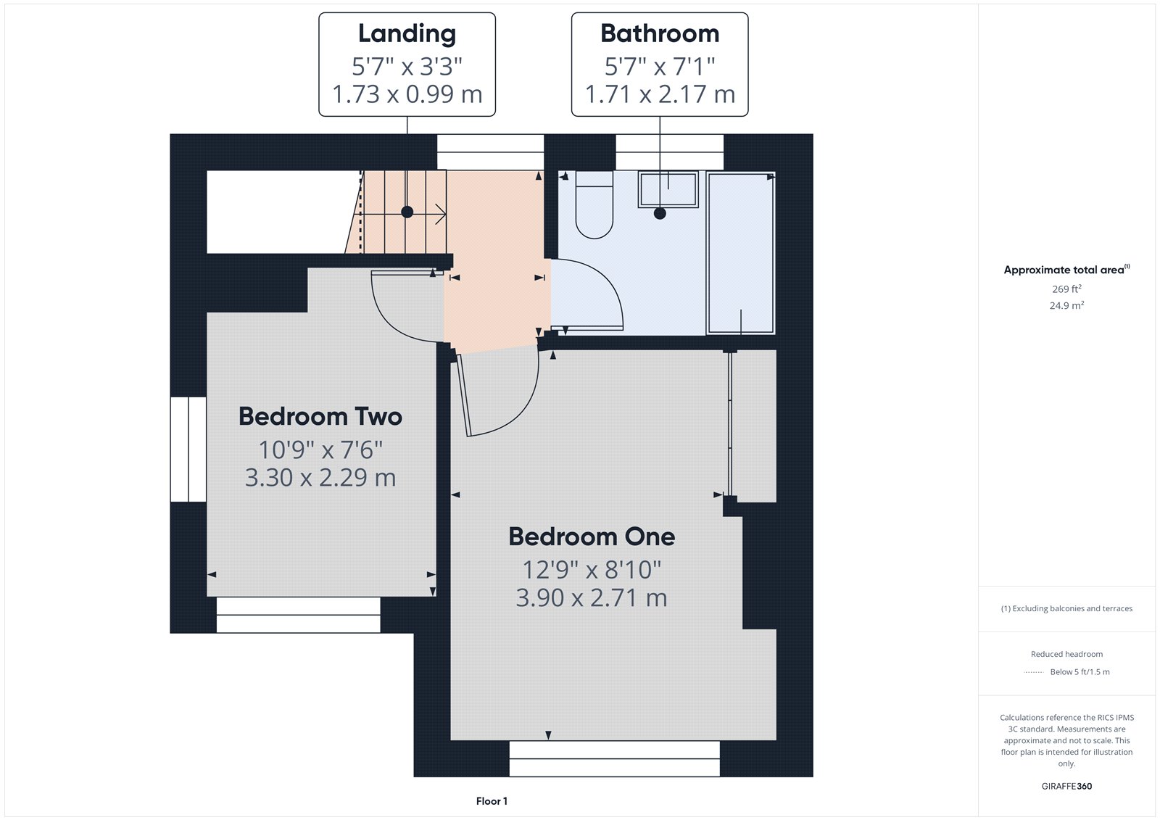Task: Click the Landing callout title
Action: tap(407, 34)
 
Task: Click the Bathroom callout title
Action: tap(660, 34)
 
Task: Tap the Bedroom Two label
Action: tap(320, 416)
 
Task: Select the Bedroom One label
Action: tap(592, 537)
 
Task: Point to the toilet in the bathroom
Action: tap(594, 205)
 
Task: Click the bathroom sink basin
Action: tap(668, 189)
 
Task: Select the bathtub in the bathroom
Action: tap(741, 253)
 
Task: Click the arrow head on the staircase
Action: tap(442, 213)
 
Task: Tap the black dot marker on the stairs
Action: tap(407, 212)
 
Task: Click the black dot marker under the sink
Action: tap(660, 213)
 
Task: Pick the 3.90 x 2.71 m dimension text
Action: tap(592, 598)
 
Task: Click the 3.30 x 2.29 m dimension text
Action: tap(320, 478)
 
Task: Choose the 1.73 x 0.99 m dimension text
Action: tap(407, 94)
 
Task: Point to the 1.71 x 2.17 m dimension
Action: tap(660, 94)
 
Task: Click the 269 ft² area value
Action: tap(1066, 289)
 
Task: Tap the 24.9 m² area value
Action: tap(1066, 305)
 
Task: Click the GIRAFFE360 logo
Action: tap(1066, 786)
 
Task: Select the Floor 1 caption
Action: tap(492, 801)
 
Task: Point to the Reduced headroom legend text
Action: tap(1066, 654)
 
